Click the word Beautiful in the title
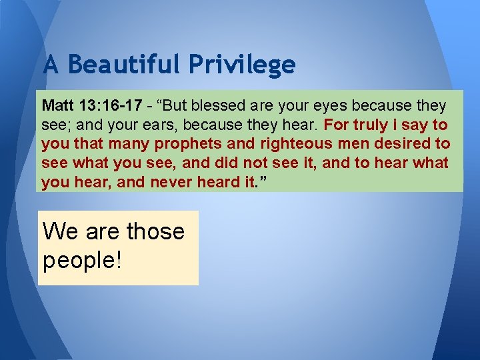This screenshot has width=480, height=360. click(x=125, y=65)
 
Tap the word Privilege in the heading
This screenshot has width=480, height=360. click(x=241, y=65)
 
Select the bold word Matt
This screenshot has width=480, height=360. click(x=57, y=106)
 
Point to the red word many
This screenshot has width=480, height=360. click(x=124, y=144)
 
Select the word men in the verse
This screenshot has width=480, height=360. click(x=358, y=144)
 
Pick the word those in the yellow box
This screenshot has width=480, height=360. click(x=155, y=231)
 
